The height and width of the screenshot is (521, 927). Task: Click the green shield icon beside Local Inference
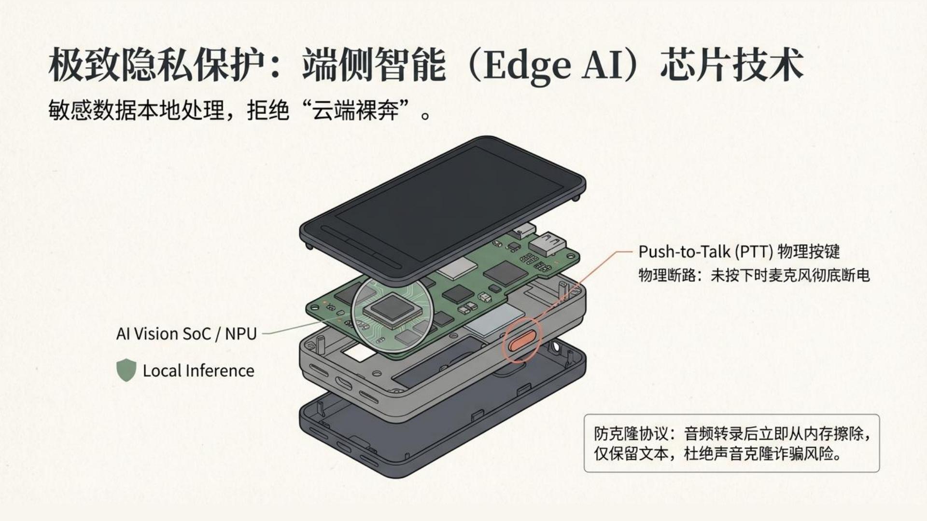pos(126,370)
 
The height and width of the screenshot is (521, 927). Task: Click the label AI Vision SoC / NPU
pos(186,334)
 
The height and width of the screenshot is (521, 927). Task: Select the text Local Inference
pos(198,370)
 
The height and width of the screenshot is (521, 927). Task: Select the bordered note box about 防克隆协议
pos(731,443)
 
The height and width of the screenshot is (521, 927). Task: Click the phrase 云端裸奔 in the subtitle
pos(355,111)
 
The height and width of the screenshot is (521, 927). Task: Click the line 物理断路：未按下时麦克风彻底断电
pos(754,275)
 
